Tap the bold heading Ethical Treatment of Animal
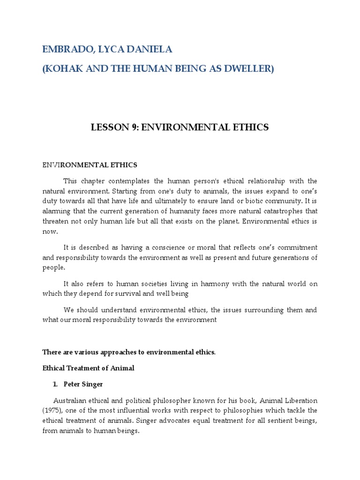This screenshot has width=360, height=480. tap(88, 368)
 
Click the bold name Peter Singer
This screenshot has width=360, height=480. tap(83, 384)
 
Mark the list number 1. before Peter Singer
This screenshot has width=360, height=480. tap(55, 384)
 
